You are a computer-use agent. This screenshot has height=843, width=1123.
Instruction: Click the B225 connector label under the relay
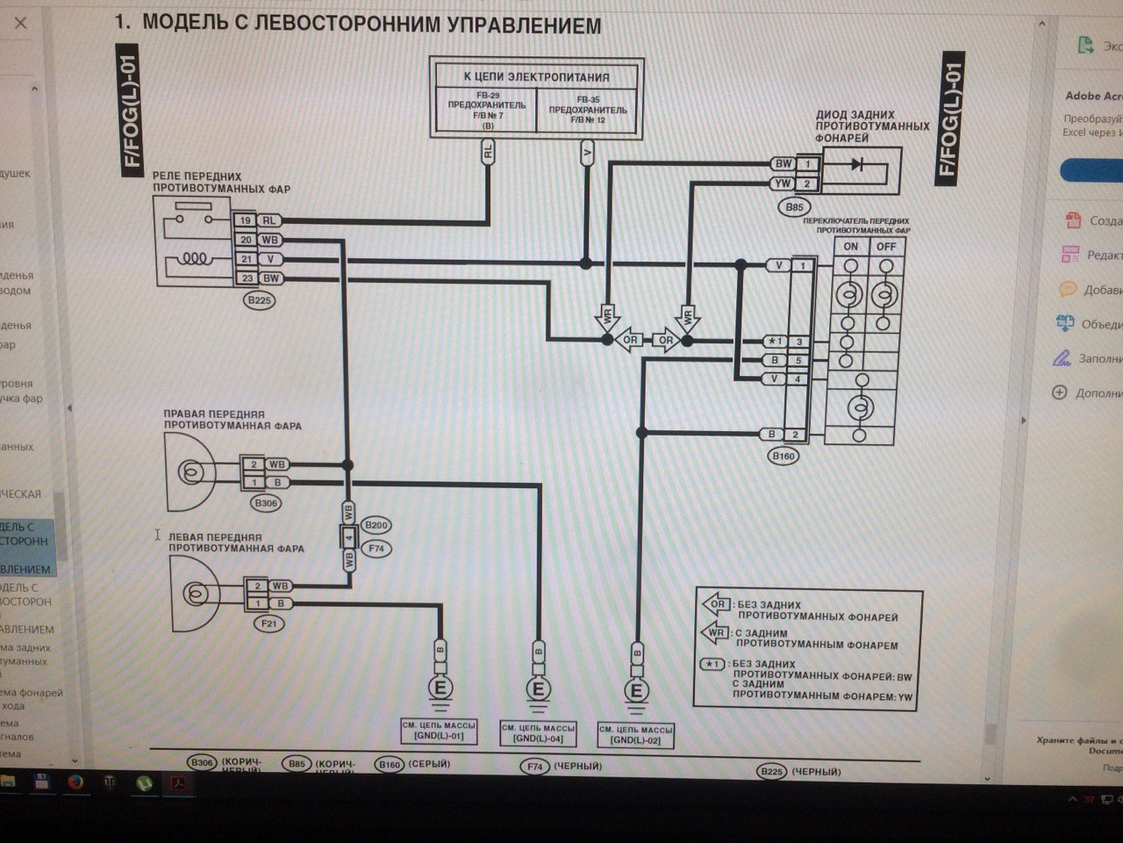[x=260, y=300]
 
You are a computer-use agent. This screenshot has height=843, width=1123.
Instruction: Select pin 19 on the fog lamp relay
[x=247, y=221]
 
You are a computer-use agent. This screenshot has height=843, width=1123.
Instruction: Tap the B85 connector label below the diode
[x=794, y=207]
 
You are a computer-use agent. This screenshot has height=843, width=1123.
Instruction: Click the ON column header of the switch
[x=850, y=247]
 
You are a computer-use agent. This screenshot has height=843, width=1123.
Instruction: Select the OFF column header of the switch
[x=886, y=247]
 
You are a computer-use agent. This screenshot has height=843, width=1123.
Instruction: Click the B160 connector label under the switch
[x=783, y=456]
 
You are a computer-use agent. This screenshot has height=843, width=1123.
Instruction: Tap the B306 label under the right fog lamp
[x=265, y=503]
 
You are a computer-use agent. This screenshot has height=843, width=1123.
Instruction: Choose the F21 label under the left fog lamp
[x=268, y=623]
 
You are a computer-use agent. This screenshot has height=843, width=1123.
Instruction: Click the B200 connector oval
[x=376, y=525]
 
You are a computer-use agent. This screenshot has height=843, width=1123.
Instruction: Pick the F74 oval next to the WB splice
[x=376, y=548]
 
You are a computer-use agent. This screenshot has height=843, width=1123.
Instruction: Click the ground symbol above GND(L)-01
[x=440, y=688]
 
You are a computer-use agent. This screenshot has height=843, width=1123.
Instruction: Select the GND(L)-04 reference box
[x=538, y=733]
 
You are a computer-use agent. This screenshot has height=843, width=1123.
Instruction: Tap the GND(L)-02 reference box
[x=635, y=735]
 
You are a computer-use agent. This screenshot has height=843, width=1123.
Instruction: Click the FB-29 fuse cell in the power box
[x=487, y=110]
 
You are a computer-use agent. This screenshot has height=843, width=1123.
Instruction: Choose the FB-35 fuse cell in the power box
[x=588, y=110]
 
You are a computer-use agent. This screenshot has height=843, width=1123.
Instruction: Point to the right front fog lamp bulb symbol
[x=189, y=472]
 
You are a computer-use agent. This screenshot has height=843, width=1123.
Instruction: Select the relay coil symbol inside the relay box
[x=195, y=260]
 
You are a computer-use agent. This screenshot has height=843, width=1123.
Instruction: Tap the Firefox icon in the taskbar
[x=75, y=782]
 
